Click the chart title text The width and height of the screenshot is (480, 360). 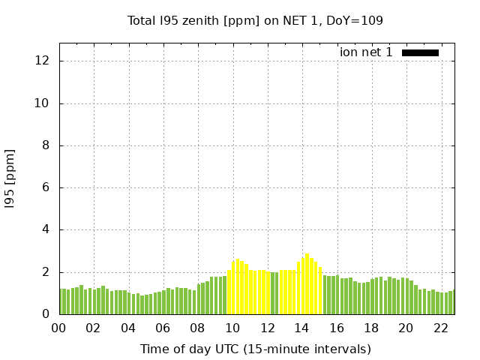[255, 21]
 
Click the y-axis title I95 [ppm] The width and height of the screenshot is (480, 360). [10, 178]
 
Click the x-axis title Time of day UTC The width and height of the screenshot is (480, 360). [255, 349]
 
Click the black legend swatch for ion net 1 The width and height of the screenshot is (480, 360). [420, 52]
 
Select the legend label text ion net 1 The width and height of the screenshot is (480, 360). [366, 52]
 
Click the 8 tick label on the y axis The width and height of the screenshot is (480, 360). [46, 145]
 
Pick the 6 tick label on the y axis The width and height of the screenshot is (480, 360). [46, 187]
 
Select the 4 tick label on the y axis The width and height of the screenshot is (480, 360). [46, 230]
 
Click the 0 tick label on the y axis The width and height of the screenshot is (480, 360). [46, 314]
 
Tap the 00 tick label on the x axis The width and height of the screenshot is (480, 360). [59, 328]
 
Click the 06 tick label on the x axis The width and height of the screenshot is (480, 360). [163, 328]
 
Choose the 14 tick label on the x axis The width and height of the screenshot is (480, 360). [301, 328]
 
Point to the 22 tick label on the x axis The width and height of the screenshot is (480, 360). [440, 328]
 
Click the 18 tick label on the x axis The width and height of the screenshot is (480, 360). [371, 328]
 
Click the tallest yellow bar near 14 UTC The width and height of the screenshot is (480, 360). [307, 284]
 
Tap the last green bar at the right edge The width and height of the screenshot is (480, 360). [454, 302]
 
